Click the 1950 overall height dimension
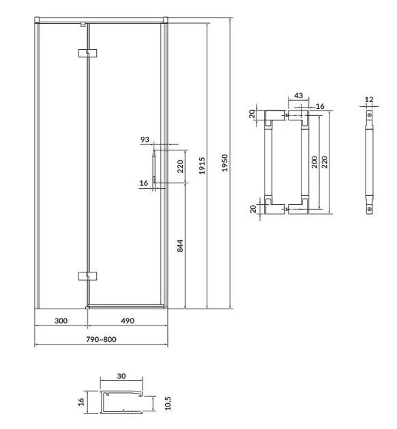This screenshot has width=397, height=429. coord(224,163)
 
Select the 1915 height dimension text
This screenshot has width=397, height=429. coord(202,165)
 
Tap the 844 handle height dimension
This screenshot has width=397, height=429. coord(179,246)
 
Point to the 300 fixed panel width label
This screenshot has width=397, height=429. coord(61,321)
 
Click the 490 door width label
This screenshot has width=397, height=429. coord(128,321)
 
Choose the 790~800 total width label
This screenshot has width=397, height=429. coord(101,339)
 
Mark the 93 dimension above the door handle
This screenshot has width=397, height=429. coord(145,140)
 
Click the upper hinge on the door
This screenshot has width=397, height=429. coord(88,53)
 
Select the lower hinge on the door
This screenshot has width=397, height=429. coord(88,276)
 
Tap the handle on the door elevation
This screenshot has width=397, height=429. coord(154,166)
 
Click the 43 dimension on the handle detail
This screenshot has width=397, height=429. coord(298,95)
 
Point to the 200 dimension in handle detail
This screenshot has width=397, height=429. coord(314,162)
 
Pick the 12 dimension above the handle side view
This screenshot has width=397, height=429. coord(369,99)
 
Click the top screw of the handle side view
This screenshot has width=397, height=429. coord(369,115)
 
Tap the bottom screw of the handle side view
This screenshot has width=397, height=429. coord(369,209)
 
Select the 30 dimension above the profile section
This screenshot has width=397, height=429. coord(121,376)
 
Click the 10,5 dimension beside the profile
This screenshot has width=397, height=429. coord(168,404)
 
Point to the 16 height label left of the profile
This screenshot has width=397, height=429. coord(80,402)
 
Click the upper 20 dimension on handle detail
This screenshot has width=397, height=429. coord(252,114)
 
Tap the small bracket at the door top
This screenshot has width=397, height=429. coord(83,25)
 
